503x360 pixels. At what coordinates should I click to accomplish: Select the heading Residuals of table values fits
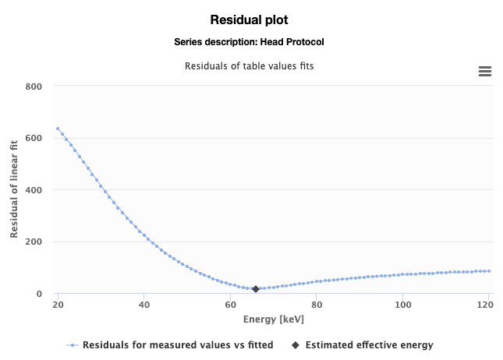click(x=250, y=65)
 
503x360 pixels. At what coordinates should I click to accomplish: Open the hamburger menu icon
click(x=484, y=72)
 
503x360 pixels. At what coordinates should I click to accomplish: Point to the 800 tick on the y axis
click(x=33, y=86)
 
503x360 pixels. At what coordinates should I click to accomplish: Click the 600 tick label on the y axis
click(x=33, y=138)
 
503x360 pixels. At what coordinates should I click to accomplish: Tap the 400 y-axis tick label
click(x=33, y=189)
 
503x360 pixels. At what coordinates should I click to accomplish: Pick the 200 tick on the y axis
click(x=33, y=242)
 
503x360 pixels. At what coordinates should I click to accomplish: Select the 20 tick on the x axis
click(x=58, y=305)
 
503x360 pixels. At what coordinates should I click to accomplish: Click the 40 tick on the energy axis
click(x=144, y=305)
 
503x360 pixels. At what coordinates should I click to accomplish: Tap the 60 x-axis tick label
click(x=230, y=305)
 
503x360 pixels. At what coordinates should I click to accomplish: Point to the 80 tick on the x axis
click(x=316, y=305)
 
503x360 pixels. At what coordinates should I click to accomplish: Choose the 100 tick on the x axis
click(x=402, y=305)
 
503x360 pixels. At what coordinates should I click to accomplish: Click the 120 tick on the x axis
click(x=485, y=305)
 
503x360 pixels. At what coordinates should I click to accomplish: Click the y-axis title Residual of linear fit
click(x=14, y=189)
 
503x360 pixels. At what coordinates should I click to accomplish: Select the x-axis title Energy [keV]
click(x=273, y=319)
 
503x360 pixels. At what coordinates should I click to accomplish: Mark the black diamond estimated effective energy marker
click(x=256, y=289)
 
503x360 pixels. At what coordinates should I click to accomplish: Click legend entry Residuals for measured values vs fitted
click(x=178, y=344)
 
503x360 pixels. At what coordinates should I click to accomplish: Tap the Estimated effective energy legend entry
click(x=369, y=344)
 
